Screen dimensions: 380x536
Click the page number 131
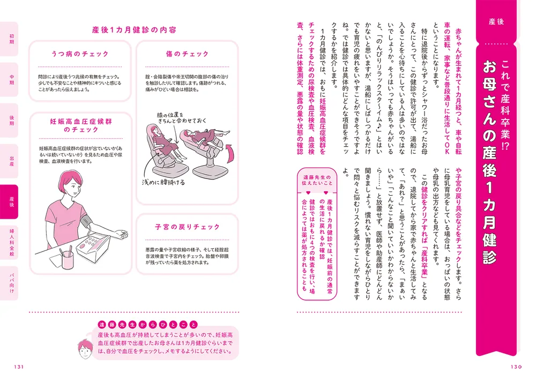click(19, 367)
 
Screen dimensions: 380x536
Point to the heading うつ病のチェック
click(80, 54)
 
